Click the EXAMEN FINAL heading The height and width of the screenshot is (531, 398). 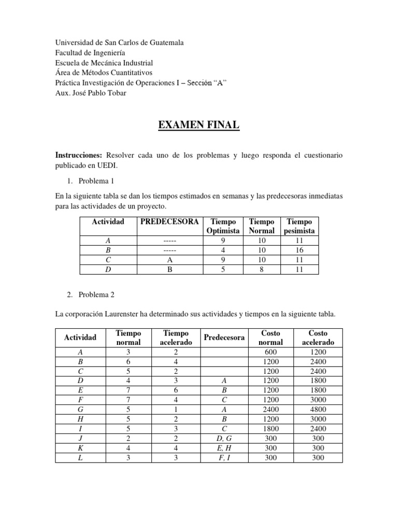coord(199,125)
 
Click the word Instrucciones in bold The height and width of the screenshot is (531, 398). coord(79,156)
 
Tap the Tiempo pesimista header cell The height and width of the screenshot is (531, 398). coord(300,226)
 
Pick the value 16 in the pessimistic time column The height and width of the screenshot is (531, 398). coord(300,250)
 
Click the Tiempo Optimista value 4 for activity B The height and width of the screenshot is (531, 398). coord(223,250)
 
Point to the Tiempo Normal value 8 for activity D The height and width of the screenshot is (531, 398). coord(262,269)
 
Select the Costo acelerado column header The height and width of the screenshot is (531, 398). coord(318,338)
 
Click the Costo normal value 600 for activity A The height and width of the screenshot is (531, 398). coord(271,352)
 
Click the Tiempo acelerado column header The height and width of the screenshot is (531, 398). coord(176,338)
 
